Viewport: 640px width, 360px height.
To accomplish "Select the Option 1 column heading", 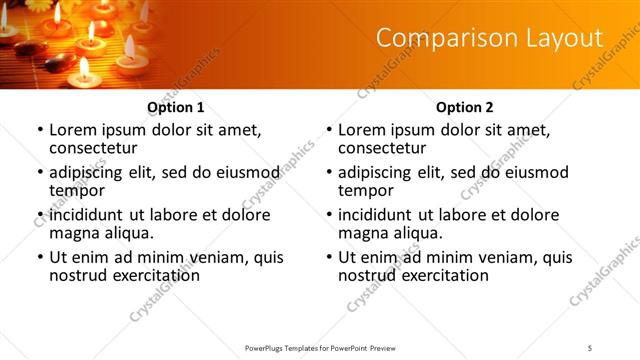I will click(176, 107).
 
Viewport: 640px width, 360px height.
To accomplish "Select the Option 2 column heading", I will click(465, 107).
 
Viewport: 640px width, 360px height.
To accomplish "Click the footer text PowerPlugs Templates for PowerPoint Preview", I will click(319, 347).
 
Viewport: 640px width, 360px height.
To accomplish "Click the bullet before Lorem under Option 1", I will click(39, 131).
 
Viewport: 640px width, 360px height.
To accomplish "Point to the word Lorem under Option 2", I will click(362, 130).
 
